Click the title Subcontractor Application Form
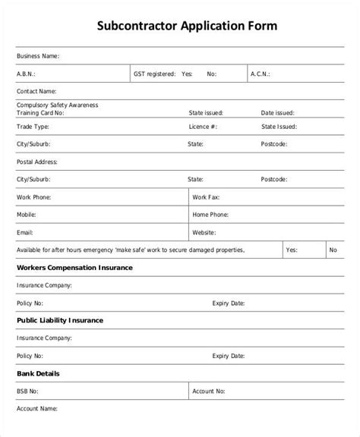[x=182, y=25]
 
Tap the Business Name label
[x=37, y=56]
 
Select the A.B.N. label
[x=26, y=74]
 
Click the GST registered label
[x=154, y=74]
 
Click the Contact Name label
[x=36, y=92]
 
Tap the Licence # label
[x=204, y=127]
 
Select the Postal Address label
[x=36, y=162]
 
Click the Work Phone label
[x=33, y=196]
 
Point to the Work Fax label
[x=206, y=196]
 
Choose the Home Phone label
[x=210, y=215]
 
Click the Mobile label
[x=27, y=215]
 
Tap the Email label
[x=25, y=232]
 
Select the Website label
[x=206, y=232]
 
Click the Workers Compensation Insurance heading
[x=74, y=268]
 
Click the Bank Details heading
[x=38, y=373]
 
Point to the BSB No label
[x=29, y=391]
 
